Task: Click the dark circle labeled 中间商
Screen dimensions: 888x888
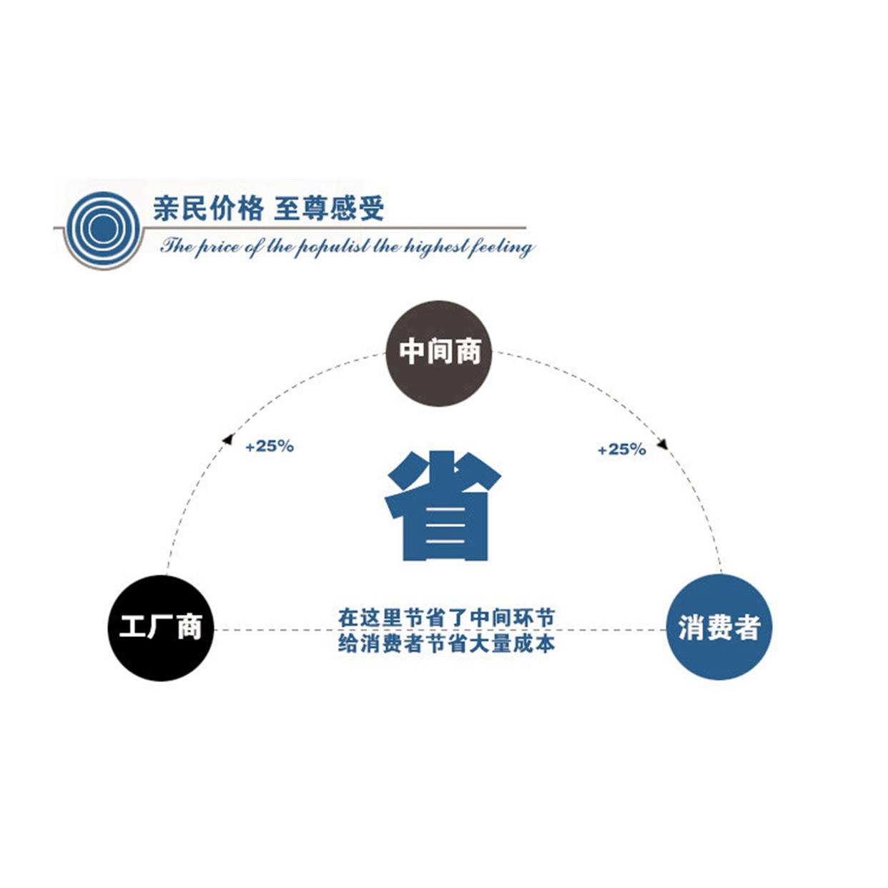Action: point(439,353)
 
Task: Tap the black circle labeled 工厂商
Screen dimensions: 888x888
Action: point(161,627)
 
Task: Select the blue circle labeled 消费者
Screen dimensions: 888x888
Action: point(719,627)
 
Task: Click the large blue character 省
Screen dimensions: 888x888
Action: point(442,506)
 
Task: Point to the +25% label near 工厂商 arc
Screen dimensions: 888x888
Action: point(270,446)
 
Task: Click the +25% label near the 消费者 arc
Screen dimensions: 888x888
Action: point(621,450)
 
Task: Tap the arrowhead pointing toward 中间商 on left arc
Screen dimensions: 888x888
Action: point(227,439)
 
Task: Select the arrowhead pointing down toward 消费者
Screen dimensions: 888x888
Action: point(662,443)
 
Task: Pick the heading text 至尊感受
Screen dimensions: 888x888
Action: point(329,208)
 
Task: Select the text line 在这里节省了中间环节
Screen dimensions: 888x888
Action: point(446,617)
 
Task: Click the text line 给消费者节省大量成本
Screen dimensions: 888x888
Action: point(446,643)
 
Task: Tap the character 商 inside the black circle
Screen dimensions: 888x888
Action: point(189,627)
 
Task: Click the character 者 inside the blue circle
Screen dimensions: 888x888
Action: point(746,627)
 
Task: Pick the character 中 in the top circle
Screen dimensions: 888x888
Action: point(413,352)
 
